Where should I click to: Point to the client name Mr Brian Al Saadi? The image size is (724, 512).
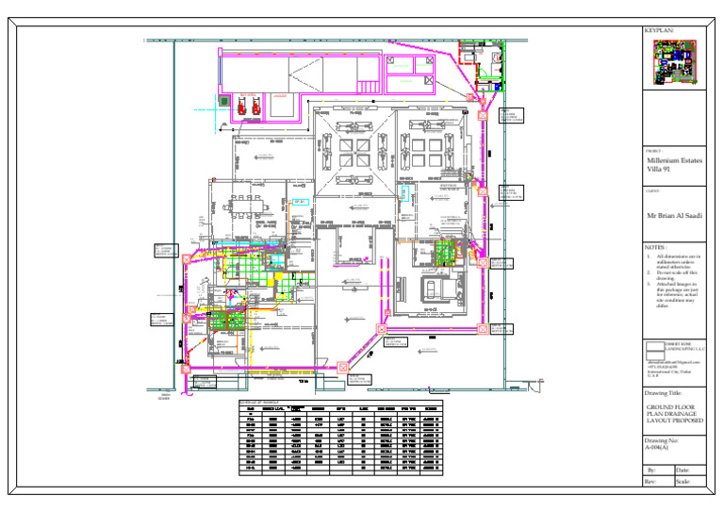674,215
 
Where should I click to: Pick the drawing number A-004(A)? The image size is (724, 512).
661,449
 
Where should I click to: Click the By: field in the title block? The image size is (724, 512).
651,470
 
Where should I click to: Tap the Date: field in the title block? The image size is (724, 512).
683,470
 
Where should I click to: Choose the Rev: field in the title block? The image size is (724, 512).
651,482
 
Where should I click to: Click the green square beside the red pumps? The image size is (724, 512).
223,100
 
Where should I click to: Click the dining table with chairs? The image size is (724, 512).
252,206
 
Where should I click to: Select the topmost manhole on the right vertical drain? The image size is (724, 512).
482,113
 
